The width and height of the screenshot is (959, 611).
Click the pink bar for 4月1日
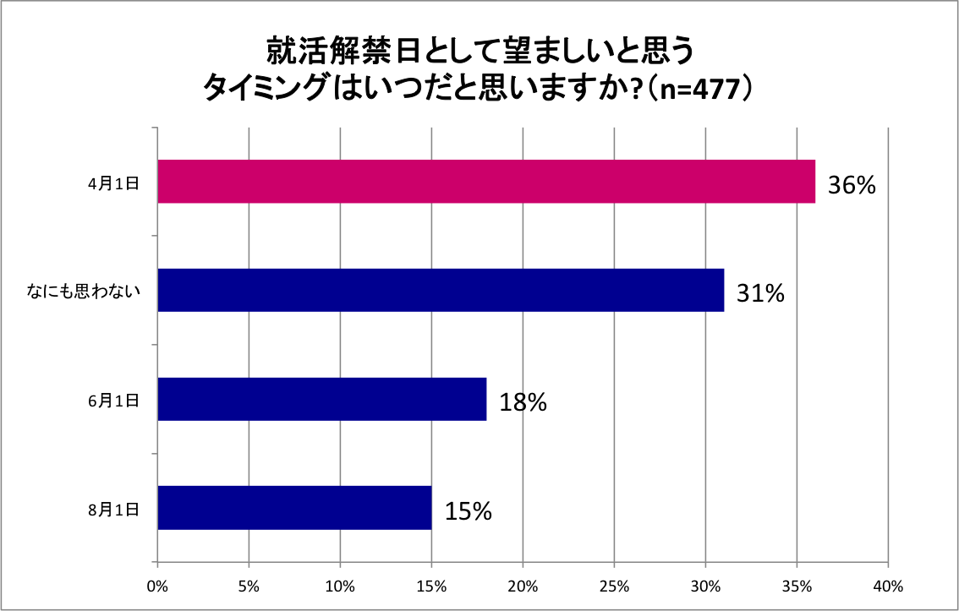coord(486,182)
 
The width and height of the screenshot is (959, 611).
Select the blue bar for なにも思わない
coord(441,291)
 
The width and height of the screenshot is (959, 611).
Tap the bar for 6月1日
coord(322,399)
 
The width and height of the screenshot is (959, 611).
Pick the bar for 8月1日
coord(294,507)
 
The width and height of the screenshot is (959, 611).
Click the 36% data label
coord(851,185)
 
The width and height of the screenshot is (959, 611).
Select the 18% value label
coord(523,402)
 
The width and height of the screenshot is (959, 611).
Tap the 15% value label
coord(468,510)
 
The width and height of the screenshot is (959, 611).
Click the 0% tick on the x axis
coord(157,585)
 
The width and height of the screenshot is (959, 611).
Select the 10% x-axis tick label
coord(340,585)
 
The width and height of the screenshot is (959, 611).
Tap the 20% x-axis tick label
coord(523,585)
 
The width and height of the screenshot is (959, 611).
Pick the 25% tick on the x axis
coord(614,585)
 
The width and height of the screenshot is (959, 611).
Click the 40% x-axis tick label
coord(888,585)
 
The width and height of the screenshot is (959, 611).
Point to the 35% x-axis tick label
coord(797,585)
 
